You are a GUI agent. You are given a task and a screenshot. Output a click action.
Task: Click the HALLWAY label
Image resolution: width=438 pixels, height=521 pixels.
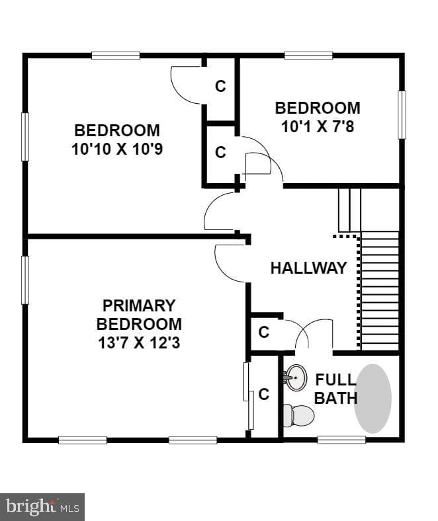308,268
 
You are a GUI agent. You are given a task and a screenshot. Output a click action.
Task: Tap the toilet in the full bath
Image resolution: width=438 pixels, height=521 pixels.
298,416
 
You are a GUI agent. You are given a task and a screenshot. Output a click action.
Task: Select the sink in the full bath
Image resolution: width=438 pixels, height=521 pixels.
295,378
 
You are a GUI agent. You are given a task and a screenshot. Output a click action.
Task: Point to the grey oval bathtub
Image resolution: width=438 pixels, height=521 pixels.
372,399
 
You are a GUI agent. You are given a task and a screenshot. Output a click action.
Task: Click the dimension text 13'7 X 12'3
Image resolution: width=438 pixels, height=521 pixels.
139,343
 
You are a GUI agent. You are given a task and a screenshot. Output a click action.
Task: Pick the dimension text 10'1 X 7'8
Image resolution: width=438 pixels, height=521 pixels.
318,126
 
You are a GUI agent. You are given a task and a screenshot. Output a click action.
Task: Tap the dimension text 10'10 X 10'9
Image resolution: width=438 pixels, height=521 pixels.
117,149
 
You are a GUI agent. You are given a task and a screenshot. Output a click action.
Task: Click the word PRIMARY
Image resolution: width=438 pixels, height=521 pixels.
139,305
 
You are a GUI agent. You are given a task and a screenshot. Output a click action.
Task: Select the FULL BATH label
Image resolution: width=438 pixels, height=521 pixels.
336,389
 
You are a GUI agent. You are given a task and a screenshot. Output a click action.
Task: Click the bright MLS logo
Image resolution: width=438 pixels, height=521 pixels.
42,507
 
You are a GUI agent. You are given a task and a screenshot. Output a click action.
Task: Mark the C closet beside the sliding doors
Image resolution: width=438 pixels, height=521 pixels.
264,395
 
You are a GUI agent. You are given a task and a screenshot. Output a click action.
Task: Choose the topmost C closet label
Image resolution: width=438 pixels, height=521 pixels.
220,86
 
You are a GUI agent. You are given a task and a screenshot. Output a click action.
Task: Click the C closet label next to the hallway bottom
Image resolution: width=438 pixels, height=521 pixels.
264,332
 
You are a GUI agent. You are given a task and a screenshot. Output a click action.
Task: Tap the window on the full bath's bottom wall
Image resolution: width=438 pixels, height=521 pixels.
341,440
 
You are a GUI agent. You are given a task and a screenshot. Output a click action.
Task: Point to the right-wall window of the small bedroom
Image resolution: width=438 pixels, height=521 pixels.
402,114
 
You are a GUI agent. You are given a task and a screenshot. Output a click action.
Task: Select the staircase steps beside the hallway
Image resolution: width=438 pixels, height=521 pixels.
380,291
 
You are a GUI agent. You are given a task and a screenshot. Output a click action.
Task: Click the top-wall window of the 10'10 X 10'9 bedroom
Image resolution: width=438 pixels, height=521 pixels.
115,56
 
